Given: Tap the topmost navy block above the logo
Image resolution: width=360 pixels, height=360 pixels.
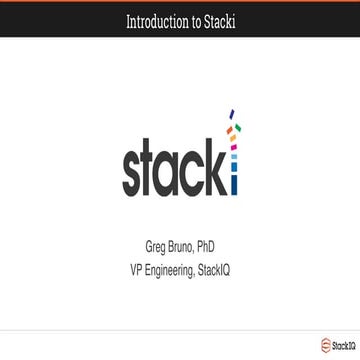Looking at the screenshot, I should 233,114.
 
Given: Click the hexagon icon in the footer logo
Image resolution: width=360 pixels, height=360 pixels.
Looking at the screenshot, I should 325,345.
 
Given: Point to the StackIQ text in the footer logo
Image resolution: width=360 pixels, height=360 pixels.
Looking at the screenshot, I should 342,346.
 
